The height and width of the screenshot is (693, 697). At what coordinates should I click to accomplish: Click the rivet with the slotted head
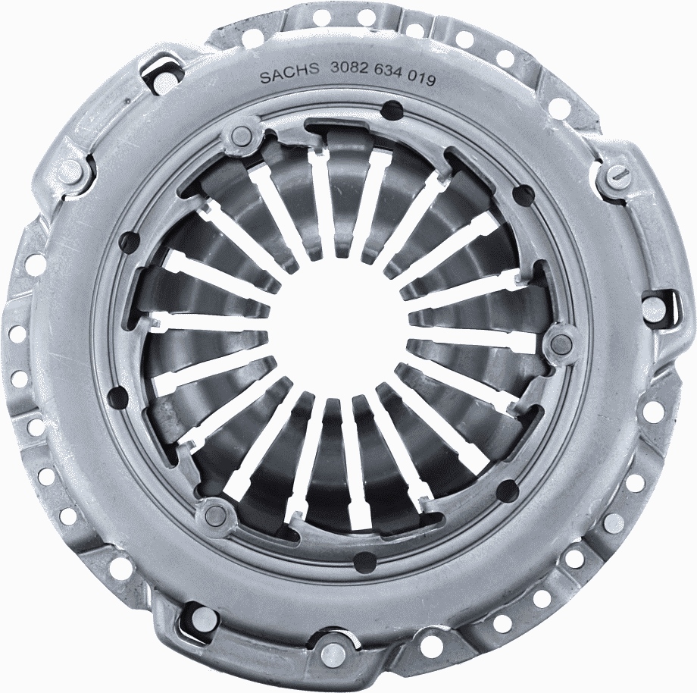click(x=617, y=177)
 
